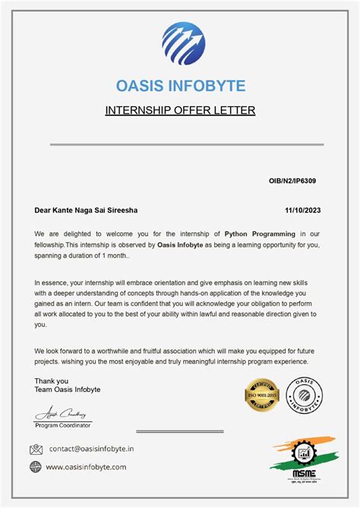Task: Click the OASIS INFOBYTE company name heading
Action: pos(180,85)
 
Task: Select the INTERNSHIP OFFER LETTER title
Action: pos(180,111)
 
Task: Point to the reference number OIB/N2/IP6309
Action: pos(293,181)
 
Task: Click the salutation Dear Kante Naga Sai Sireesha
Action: pos(87,210)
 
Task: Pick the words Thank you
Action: pos(52,381)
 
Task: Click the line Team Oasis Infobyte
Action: pos(68,390)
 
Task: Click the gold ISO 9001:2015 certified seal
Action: pos(262,395)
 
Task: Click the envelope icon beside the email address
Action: pos(36,450)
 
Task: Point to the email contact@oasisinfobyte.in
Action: pos(92,450)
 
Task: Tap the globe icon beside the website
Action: pos(36,467)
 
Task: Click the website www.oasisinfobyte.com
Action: pos(86,467)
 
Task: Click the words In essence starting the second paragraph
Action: pos(51,282)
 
